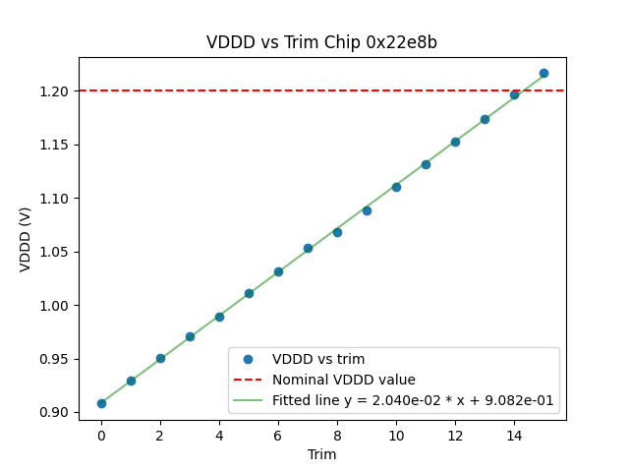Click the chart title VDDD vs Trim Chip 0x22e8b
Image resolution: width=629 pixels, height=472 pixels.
point(321,42)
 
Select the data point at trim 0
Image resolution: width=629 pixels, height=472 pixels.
point(101,403)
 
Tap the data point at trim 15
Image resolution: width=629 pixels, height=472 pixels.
point(543,73)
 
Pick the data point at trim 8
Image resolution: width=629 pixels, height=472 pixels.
point(337,232)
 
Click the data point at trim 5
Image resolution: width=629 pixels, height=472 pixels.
point(249,293)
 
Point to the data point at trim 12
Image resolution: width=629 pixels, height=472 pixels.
point(455,142)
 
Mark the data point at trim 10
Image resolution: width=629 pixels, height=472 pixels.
point(396,187)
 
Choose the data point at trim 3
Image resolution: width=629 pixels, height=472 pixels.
point(190,336)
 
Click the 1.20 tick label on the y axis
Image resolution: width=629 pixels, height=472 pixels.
point(56,91)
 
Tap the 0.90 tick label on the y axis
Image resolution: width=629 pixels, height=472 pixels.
point(56,413)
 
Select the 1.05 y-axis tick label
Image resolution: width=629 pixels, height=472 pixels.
point(56,252)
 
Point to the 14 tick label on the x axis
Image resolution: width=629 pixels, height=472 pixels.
point(514,436)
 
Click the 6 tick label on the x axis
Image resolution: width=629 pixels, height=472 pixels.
point(278,436)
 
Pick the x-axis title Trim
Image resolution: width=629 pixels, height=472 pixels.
point(321,454)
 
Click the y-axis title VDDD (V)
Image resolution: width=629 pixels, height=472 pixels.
point(26,239)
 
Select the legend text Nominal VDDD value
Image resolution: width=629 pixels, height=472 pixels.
point(344,380)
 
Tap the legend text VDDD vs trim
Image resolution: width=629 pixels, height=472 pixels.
point(318,359)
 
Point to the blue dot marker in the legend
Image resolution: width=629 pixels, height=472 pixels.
point(248,359)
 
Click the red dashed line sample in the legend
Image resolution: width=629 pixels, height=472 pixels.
point(248,380)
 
